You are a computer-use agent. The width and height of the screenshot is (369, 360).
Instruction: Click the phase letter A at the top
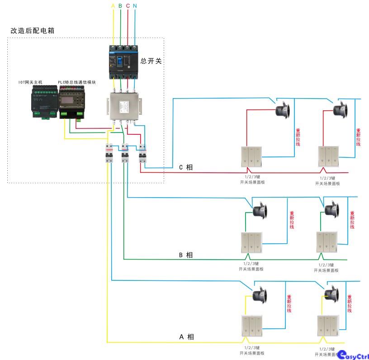(113, 6)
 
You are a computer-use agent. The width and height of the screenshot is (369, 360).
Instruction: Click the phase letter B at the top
(120, 6)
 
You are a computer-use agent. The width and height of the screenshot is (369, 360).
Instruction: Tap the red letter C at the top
(128, 6)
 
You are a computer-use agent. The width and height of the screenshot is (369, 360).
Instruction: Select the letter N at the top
(135, 6)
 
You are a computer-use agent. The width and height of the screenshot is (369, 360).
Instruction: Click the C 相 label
(185, 167)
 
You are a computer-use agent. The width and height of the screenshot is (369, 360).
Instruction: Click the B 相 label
(185, 255)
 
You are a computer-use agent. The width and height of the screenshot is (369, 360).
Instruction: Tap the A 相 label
(186, 337)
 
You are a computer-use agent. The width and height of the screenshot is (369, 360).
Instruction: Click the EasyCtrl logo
(353, 355)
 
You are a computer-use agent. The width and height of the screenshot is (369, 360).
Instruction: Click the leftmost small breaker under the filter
(109, 154)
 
